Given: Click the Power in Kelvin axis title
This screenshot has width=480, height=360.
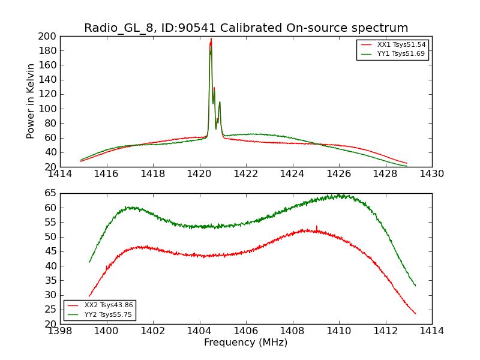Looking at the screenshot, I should [x=31, y=101].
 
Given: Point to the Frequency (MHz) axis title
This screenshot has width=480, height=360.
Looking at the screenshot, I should [x=246, y=343].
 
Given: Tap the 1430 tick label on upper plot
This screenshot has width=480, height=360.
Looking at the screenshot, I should [x=431, y=174].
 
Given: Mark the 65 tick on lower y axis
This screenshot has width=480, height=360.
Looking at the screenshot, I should [x=50, y=193].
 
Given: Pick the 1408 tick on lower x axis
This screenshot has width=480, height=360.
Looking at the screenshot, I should [x=292, y=331].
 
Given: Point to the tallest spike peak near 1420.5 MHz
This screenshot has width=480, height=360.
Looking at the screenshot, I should [x=211, y=39].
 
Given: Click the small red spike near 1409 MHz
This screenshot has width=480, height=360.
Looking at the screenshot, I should [x=316, y=226].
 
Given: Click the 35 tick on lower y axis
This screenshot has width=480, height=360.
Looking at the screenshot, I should [x=50, y=280].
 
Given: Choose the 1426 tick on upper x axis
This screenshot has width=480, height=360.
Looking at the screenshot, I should [x=338, y=174].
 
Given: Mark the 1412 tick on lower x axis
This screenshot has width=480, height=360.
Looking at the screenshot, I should [x=385, y=331].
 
